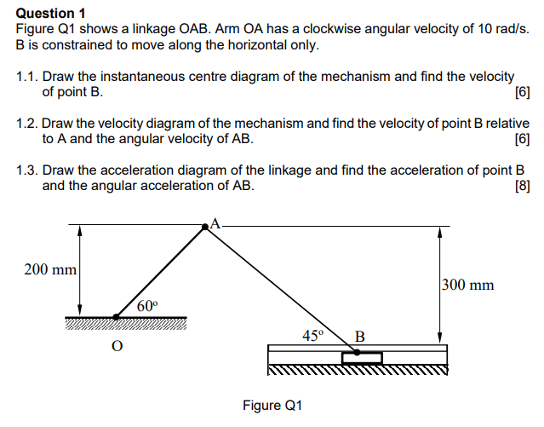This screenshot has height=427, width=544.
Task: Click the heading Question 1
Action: (51, 13)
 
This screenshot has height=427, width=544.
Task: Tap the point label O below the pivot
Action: (117, 345)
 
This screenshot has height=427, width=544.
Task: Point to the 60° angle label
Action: (147, 305)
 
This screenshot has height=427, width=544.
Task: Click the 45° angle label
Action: (313, 335)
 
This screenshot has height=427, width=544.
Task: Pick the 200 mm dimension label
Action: (50, 269)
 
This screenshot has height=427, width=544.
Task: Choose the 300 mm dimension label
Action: (467, 285)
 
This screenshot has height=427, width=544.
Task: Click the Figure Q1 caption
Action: (272, 405)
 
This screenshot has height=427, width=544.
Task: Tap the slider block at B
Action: (362, 357)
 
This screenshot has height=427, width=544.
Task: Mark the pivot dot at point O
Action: (117, 316)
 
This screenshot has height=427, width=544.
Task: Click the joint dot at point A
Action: (205, 227)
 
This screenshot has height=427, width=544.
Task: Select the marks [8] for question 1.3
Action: (523, 185)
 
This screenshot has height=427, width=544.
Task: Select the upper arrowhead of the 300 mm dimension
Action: (440, 231)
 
